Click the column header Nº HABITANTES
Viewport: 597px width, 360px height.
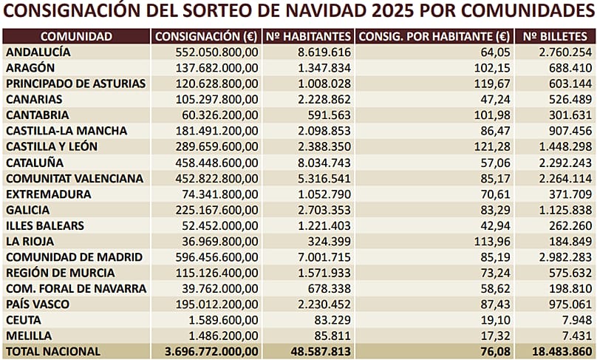307,36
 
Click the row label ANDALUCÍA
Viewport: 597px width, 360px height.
38,52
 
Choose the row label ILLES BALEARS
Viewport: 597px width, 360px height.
44,225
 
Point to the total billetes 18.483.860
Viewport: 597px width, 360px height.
559,351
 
